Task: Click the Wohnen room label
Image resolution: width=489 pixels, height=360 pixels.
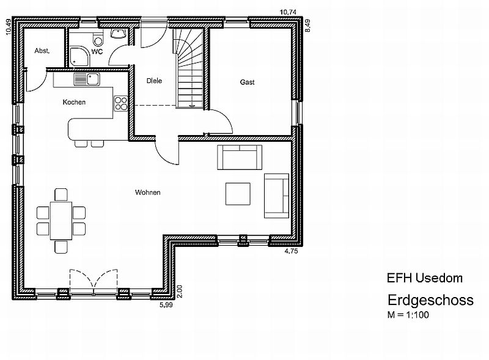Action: tap(148, 193)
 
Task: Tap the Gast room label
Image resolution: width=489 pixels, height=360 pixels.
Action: tap(248, 82)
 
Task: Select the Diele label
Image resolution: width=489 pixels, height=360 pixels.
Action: tap(155, 81)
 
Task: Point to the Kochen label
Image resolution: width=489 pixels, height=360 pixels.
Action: tap(74, 102)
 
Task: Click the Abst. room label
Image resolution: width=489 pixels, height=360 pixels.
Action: tap(42, 51)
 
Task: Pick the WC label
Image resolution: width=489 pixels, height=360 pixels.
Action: tap(97, 51)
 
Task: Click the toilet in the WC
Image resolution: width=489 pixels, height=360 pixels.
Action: tap(98, 39)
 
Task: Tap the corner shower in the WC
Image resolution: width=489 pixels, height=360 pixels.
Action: tap(79, 56)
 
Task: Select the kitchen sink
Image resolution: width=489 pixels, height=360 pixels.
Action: tap(87, 79)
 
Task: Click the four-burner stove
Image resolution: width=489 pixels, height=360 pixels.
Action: tap(121, 103)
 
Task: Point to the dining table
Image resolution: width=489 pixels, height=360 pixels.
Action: tap(61, 221)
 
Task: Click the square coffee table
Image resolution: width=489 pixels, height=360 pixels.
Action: tap(238, 194)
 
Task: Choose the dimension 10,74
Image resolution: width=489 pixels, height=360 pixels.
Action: tap(288, 12)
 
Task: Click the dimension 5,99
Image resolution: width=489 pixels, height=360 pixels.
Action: tap(166, 305)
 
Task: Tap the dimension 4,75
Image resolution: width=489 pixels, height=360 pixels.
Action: tap(292, 251)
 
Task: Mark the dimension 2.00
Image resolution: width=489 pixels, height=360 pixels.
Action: tap(179, 292)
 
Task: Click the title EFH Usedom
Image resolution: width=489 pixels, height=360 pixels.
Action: tap(425, 278)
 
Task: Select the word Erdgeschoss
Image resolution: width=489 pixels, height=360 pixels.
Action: tap(431, 301)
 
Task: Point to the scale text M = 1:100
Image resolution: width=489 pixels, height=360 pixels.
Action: tap(408, 315)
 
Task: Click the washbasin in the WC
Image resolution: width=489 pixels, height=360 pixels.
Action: tap(119, 34)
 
